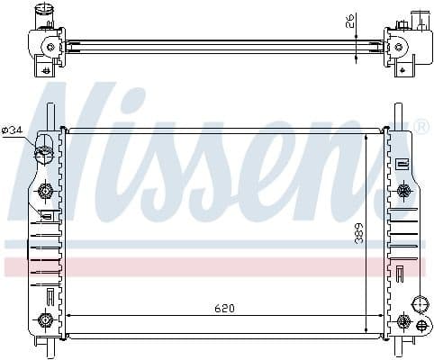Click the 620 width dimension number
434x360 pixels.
click(224, 309)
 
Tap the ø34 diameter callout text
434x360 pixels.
click(13, 130)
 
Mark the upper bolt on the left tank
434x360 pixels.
click(44, 191)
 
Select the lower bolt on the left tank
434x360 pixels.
click(44, 319)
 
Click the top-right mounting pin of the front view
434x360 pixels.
click(396, 115)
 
